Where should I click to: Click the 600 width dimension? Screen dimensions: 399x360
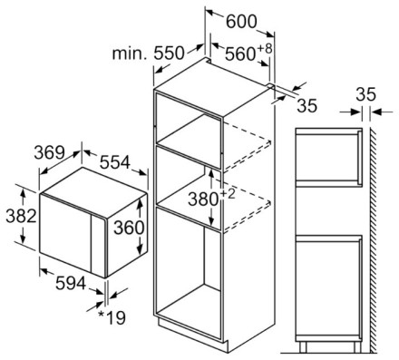[x=241, y=22]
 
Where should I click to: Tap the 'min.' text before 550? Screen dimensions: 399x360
[x=130, y=54]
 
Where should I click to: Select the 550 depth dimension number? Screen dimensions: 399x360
[x=169, y=53]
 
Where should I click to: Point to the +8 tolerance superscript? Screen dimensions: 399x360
[x=265, y=48]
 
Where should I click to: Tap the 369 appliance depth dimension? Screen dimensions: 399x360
[x=49, y=152]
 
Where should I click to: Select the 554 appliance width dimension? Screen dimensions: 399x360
[x=115, y=162]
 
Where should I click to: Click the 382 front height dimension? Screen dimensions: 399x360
[x=21, y=216]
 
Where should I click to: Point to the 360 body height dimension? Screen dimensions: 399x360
[x=129, y=228]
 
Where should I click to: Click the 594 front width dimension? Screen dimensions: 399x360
[x=71, y=283]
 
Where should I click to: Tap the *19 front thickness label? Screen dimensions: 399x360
[x=112, y=317]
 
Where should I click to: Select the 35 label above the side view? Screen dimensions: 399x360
[x=365, y=94]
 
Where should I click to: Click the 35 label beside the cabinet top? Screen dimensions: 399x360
[x=307, y=105]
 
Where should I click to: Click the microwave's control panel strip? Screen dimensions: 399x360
[x=99, y=246]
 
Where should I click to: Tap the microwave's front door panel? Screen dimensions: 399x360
[x=65, y=233]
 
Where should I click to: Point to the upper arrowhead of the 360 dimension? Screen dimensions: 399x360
[x=140, y=202]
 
